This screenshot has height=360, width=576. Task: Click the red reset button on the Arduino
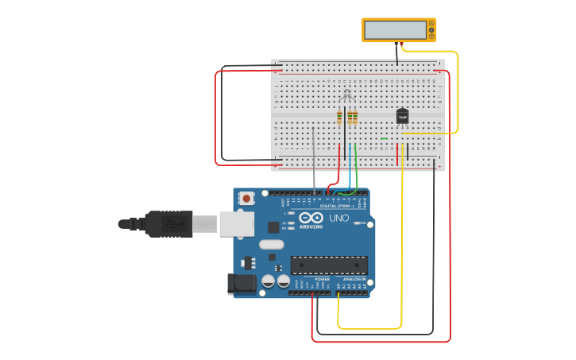[x=246, y=198]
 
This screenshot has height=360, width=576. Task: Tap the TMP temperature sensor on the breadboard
[x=402, y=116]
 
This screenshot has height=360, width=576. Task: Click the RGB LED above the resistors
[x=346, y=96]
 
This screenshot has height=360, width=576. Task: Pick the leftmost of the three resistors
[x=339, y=118]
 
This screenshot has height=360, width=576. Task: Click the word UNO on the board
[x=339, y=218]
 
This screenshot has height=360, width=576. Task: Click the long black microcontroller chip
[x=329, y=265]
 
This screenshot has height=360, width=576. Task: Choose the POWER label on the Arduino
[x=322, y=280]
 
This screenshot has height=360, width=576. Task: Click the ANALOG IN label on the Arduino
[x=354, y=280]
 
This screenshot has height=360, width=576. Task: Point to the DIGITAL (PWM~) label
[x=337, y=206]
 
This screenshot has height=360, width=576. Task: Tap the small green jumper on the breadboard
[x=384, y=138]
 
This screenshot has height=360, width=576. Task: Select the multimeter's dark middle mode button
[x=431, y=30]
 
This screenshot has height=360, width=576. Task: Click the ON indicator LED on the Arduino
[x=358, y=223]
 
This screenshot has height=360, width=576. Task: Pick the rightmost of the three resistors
[x=354, y=118]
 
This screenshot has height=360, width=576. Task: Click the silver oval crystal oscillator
[x=270, y=245]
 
